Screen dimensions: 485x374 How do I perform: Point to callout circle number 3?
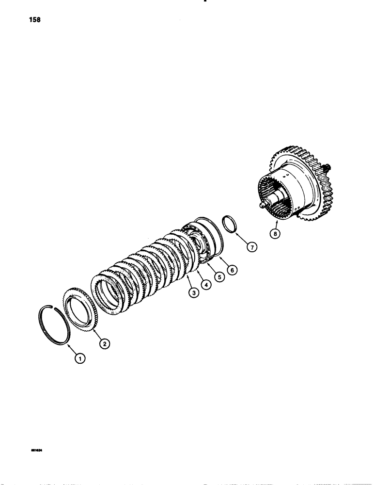194,293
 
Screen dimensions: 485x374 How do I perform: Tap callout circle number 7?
251,246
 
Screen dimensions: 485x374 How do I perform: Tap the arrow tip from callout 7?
238,235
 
